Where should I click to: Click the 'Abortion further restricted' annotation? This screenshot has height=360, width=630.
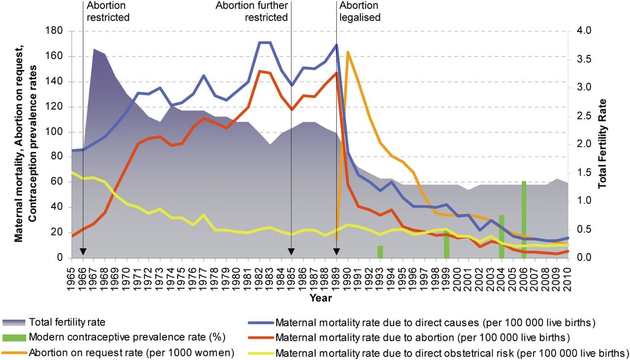pos(252,11)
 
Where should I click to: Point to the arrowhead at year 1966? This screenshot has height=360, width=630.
pos(83,252)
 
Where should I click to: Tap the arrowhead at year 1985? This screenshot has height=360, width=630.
pos(291,252)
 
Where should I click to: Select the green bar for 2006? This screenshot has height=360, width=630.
pos(524,219)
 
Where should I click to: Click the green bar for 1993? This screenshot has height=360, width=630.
pos(380,252)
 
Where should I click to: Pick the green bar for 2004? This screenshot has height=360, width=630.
pos(502,237)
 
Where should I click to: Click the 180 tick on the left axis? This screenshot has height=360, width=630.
pos(55,31)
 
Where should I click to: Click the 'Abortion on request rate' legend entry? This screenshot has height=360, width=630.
pos(130,352)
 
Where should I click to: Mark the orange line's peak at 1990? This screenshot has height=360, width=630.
pos(347,52)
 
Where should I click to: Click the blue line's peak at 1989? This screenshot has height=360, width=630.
pos(336,45)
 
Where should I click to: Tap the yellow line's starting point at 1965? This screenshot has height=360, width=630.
pos(72,172)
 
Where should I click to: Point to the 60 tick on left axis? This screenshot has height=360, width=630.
pos(58,182)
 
